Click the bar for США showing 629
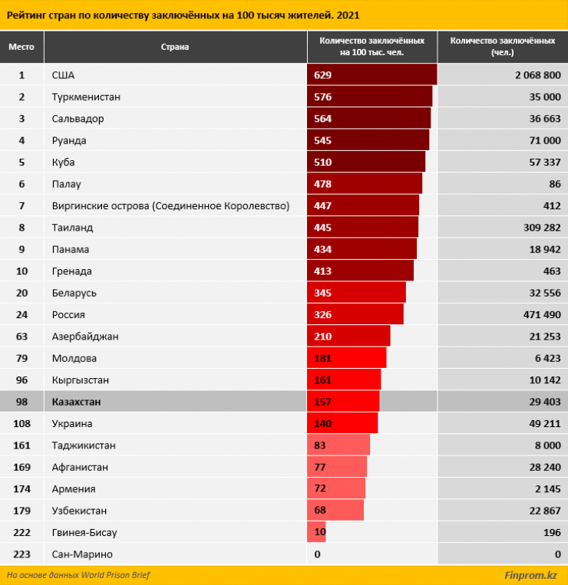372,75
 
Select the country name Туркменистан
86,97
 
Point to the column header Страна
174,47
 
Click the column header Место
21,47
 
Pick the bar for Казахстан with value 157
343,402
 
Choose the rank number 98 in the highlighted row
21,402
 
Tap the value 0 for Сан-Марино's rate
317,554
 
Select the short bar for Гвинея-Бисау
316,532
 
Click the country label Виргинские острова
170,206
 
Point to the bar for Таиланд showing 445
362,228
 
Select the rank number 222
21,532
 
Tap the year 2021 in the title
347,14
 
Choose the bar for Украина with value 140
342,424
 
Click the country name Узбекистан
79,511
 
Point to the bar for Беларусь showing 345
356,293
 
